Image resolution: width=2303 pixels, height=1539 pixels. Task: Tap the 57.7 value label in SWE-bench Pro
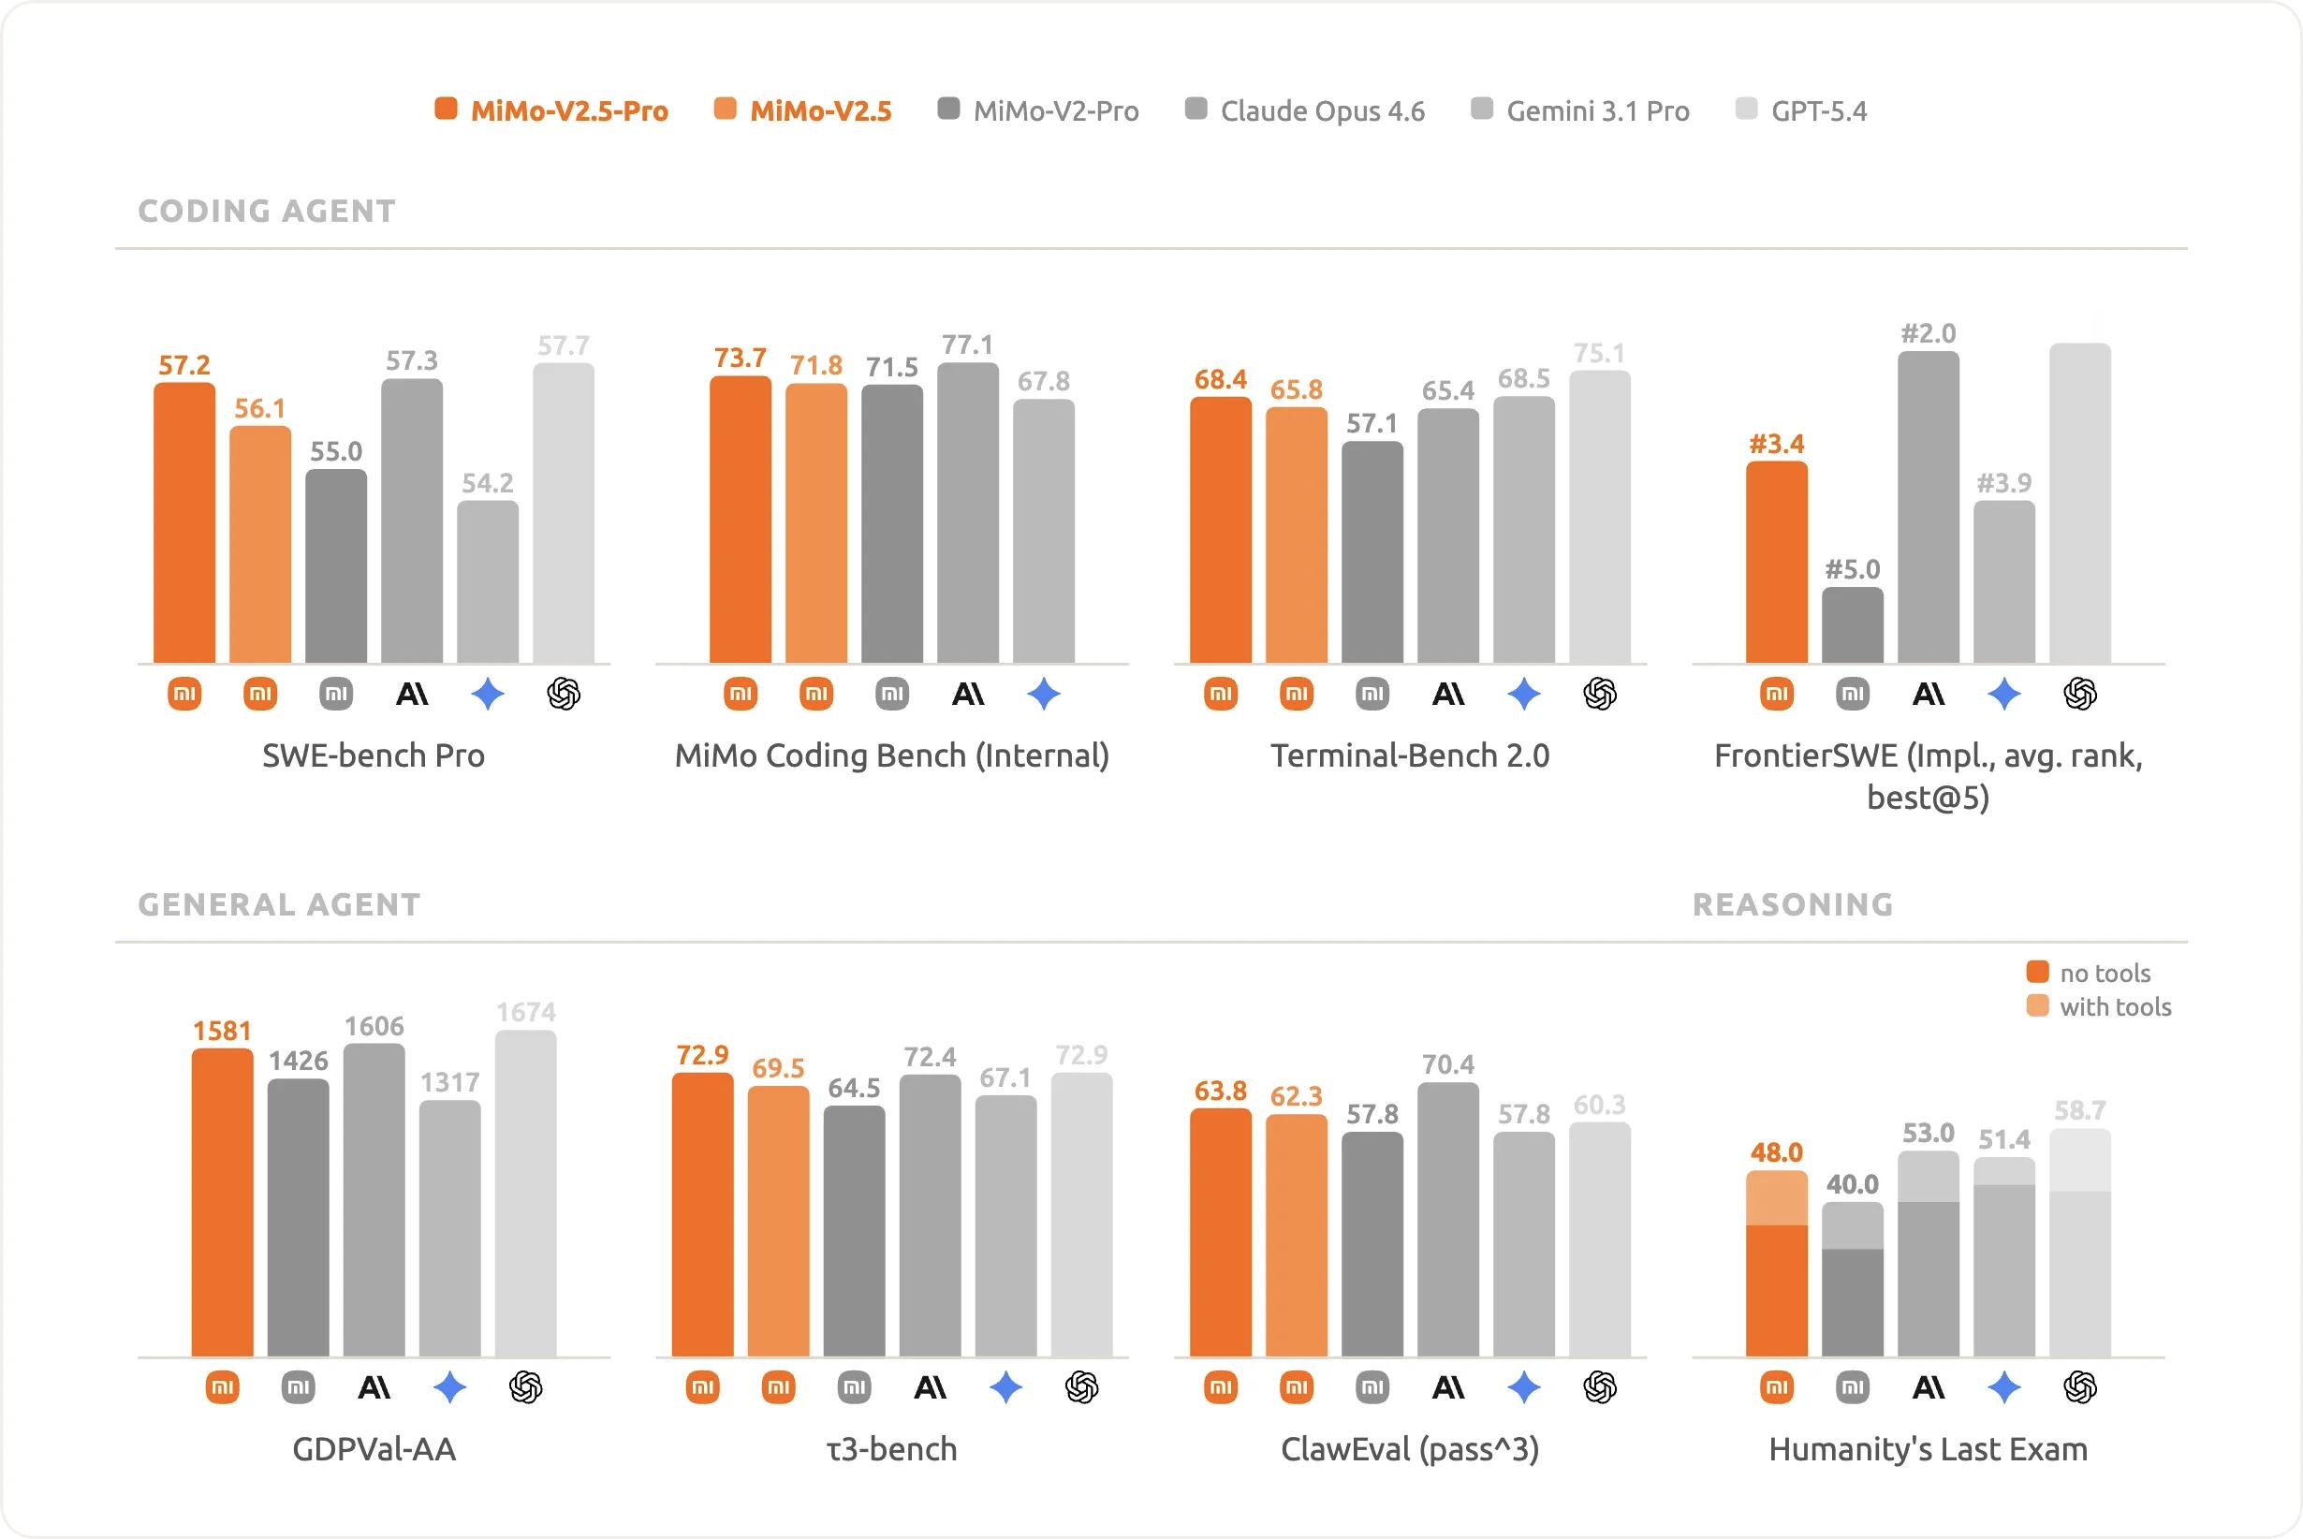pos(564,345)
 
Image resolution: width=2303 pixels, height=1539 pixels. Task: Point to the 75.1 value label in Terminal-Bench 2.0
pos(1599,353)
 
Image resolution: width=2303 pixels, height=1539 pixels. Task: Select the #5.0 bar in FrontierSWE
pos(1853,625)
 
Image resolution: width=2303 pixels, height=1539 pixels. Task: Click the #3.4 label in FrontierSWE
pos(1776,444)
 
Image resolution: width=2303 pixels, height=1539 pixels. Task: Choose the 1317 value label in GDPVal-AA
pos(450,1081)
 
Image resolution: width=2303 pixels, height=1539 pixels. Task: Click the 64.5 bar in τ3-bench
pos(854,1232)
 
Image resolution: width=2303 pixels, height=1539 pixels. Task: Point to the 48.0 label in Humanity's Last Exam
pos(1776,1152)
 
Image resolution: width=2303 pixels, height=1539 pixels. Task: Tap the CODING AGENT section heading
pos(267,211)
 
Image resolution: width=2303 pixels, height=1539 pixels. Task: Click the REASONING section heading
pos(1793,904)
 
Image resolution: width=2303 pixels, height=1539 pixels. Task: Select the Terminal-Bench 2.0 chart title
pos(1410,755)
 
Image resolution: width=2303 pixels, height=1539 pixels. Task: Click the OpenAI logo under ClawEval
pos(1599,1386)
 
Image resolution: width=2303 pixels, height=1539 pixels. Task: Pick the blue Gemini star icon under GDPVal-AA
pos(449,1386)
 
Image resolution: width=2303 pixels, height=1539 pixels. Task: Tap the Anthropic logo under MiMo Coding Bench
pos(967,694)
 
